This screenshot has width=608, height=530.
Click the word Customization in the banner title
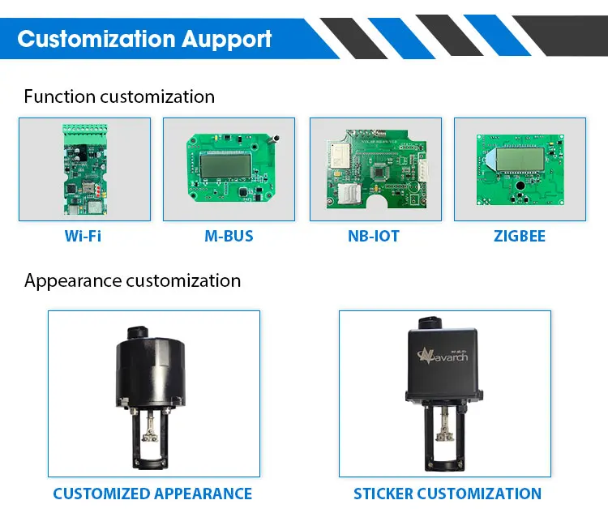(96, 38)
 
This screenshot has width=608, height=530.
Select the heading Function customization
(119, 96)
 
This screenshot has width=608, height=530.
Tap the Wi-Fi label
(83, 237)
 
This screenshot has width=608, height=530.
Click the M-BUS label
(229, 237)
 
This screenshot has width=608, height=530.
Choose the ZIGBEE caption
(520, 237)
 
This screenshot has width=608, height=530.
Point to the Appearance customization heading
(132, 280)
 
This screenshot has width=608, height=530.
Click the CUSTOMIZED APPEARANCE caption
(152, 494)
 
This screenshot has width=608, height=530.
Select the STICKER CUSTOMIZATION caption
(447, 494)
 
